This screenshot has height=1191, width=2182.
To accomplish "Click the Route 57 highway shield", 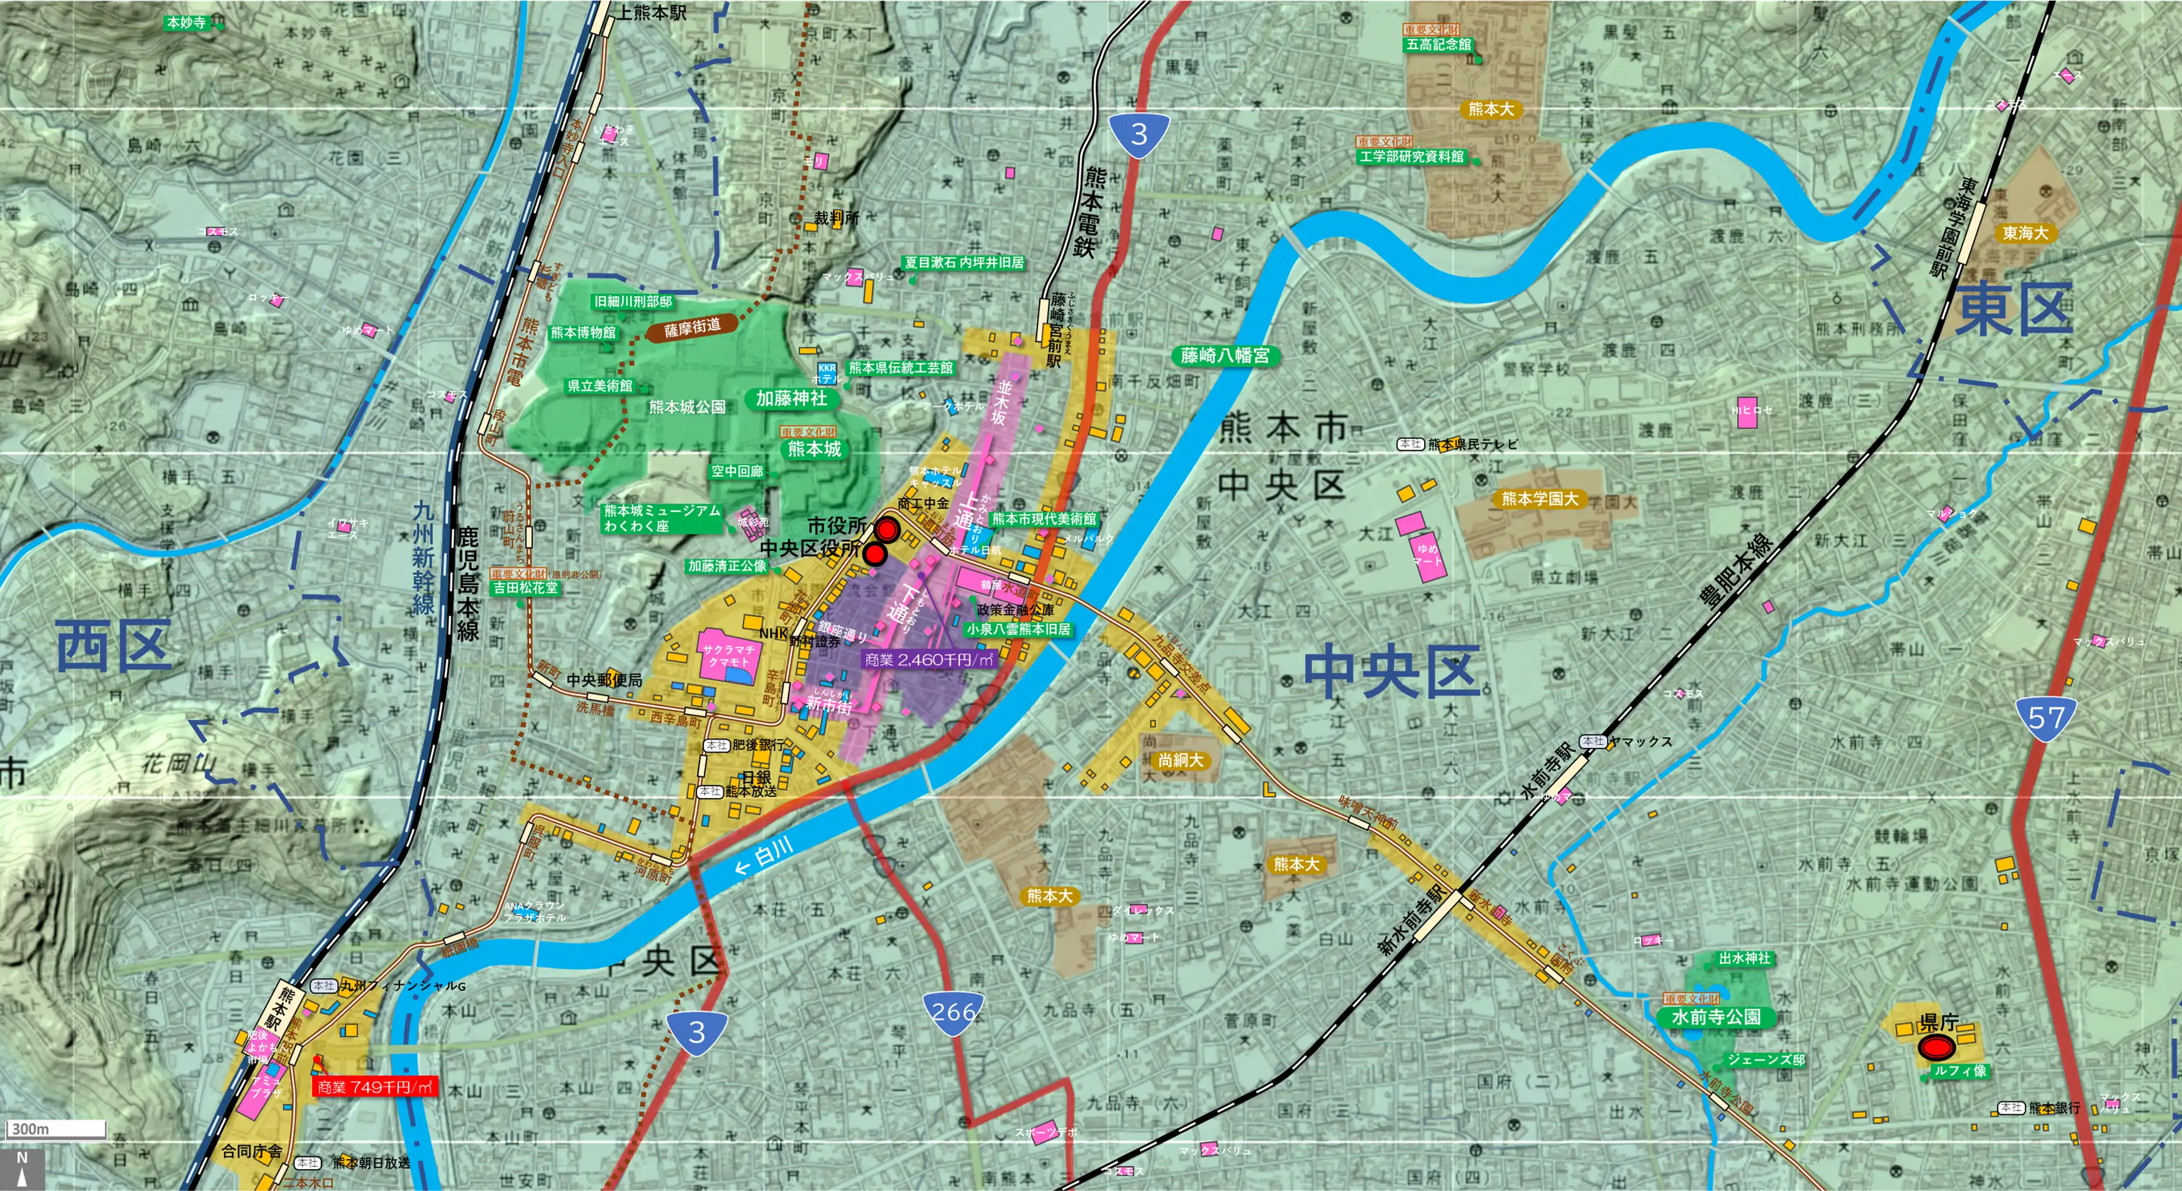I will (x=2046, y=719).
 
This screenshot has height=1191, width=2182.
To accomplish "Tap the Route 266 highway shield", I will (x=954, y=1012).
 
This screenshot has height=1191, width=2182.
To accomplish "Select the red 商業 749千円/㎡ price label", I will (x=376, y=1087).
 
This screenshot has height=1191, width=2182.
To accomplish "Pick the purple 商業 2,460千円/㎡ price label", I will (x=928, y=659).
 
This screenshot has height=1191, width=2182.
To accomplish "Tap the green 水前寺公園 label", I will (x=1715, y=1017).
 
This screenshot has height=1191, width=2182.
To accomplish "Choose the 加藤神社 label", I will (x=791, y=398).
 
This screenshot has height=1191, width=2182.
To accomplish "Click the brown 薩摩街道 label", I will (x=692, y=327).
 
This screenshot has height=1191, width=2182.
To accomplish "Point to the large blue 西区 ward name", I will (x=113, y=645).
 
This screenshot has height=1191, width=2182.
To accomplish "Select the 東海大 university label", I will (x=2025, y=233).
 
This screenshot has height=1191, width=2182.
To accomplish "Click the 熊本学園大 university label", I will (x=1540, y=499).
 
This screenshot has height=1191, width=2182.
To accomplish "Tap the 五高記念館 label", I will (x=1439, y=44).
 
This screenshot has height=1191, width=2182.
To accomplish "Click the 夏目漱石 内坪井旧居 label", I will (x=964, y=263).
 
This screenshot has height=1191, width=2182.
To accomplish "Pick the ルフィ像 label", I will (x=1959, y=1071).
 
